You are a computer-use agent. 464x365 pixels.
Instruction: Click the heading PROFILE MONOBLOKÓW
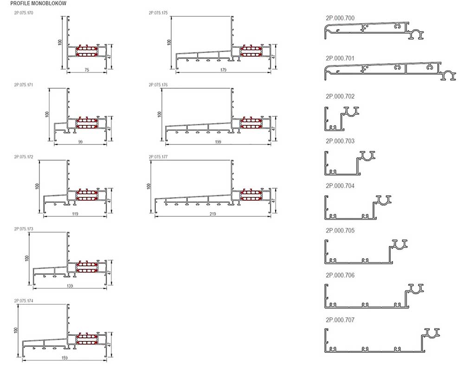tap(39, 4)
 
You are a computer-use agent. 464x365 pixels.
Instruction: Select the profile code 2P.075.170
tap(24, 13)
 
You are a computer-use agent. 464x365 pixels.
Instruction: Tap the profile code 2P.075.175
tap(158, 13)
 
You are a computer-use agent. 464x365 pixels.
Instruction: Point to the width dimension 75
tap(87, 70)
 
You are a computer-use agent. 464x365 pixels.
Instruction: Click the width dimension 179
tap(223, 70)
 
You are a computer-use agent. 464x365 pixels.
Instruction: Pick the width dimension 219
tap(213, 214)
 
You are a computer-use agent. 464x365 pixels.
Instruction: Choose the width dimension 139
tap(70, 286)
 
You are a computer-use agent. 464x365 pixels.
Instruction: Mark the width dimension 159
tap(64, 358)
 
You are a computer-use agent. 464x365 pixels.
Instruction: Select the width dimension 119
tap(75, 214)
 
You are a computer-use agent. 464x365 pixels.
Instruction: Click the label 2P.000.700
tap(340, 18)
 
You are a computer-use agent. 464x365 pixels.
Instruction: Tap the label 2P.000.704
tap(340, 186)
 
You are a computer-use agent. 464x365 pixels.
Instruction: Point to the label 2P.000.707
tap(340, 320)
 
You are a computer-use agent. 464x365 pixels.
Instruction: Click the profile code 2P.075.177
tap(158, 156)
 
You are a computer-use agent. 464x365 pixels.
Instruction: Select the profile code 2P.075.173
tap(24, 229)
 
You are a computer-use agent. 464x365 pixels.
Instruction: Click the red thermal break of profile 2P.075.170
tap(87, 51)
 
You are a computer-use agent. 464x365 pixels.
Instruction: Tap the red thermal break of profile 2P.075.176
tap(251, 123)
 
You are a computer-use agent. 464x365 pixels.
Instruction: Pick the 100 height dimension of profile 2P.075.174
tap(16, 330)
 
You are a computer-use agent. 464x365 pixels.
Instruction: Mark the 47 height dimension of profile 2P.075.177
tap(273, 200)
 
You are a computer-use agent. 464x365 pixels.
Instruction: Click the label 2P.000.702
tap(340, 96)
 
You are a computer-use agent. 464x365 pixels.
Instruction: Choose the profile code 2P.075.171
tap(24, 85)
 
